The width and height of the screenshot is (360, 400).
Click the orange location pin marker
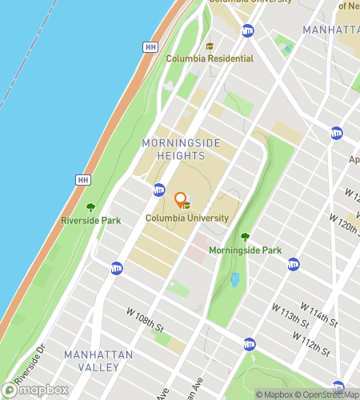click(x=180, y=200)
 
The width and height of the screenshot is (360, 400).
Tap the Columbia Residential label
click(x=210, y=58)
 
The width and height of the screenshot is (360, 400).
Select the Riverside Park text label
click(x=90, y=220)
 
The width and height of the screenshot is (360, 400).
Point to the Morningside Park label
click(x=245, y=250)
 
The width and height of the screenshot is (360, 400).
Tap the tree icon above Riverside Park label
click(x=90, y=207)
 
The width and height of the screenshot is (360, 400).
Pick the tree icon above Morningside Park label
click(x=245, y=237)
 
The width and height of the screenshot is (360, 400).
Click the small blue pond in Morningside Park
click(x=235, y=280)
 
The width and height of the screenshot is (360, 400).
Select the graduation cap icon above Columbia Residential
click(x=210, y=46)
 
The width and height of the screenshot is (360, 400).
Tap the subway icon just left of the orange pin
click(x=159, y=190)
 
